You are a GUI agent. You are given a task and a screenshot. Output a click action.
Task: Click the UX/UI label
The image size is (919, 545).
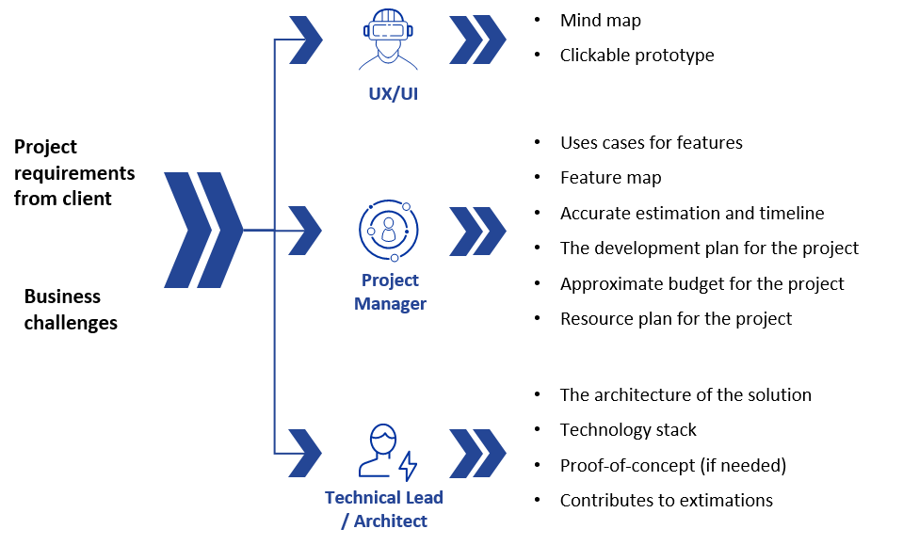pos(394,94)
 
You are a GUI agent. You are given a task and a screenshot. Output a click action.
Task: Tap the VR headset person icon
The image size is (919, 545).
pos(388,40)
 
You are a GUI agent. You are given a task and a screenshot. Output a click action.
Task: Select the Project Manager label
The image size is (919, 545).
pos(390,292)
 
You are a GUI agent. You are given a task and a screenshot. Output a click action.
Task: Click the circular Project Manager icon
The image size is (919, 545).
pos(389,231)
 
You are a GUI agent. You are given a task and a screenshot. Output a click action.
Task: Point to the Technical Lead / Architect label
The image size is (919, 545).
pos(384,509)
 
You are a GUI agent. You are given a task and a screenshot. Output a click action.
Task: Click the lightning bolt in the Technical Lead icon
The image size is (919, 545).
pos(408,466)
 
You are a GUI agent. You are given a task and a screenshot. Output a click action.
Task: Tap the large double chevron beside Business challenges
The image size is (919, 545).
pos(203,231)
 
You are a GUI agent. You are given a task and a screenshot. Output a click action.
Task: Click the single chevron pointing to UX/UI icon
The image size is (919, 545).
pos(306,40)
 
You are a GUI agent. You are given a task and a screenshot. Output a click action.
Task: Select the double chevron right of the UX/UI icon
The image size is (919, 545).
pos(477,40)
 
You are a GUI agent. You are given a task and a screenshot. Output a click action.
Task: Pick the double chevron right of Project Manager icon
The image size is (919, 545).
pos(477,231)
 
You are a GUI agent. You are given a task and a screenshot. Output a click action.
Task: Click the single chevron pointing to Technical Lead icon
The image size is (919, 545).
pos(305,453)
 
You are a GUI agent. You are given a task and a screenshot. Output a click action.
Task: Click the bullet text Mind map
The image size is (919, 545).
pos(601,21)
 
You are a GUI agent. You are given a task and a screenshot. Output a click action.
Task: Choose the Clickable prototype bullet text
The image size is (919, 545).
pos(637,56)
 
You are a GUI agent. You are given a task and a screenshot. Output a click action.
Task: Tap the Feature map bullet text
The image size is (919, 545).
pos(611,178)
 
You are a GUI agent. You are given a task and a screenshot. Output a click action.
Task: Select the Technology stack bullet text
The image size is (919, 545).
pos(628,430)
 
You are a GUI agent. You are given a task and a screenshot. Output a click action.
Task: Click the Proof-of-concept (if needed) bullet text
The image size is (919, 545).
pos(673,465)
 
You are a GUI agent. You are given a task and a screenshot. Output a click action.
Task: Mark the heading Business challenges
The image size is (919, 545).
pos(71,310)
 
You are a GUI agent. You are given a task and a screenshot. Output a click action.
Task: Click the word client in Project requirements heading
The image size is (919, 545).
pos(88,199)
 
